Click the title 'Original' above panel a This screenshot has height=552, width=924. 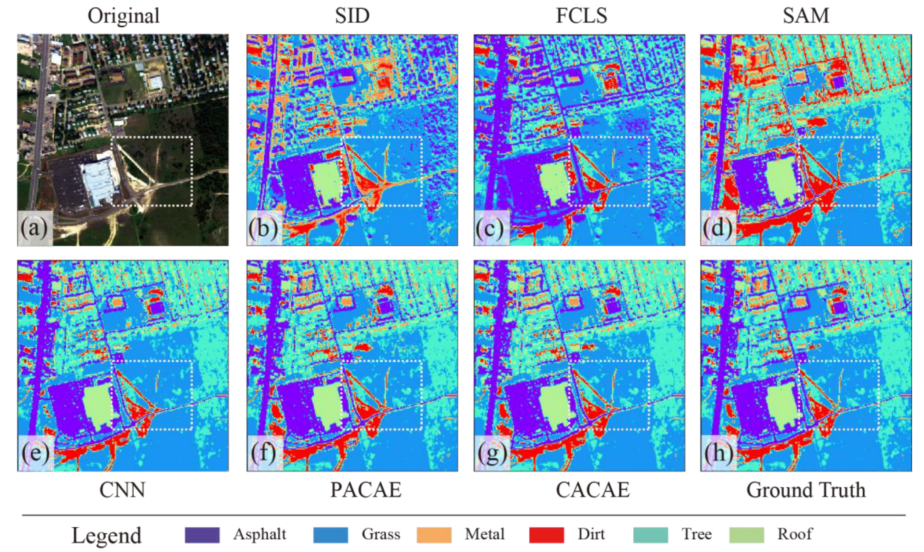pos(123,16)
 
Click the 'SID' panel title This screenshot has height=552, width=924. pos(352,16)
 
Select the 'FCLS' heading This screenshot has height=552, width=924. pos(581,16)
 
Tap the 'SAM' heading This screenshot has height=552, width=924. pos(806,16)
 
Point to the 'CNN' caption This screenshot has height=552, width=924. pos(122,490)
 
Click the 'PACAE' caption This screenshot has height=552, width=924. pos(366,490)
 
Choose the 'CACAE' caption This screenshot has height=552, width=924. pos(592,490)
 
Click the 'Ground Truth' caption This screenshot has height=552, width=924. pos(806,490)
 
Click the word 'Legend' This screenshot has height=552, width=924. pos(106,535)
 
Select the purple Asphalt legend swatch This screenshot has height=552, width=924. pos(202,535)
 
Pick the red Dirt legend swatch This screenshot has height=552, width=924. pos(546,535)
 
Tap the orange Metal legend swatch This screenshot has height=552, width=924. pos(434,535)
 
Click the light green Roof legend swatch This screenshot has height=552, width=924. pos(747,535)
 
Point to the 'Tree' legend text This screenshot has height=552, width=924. pos(696,534)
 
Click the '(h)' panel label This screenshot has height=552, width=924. pos(718,453)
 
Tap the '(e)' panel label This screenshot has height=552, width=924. pos(35,453)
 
